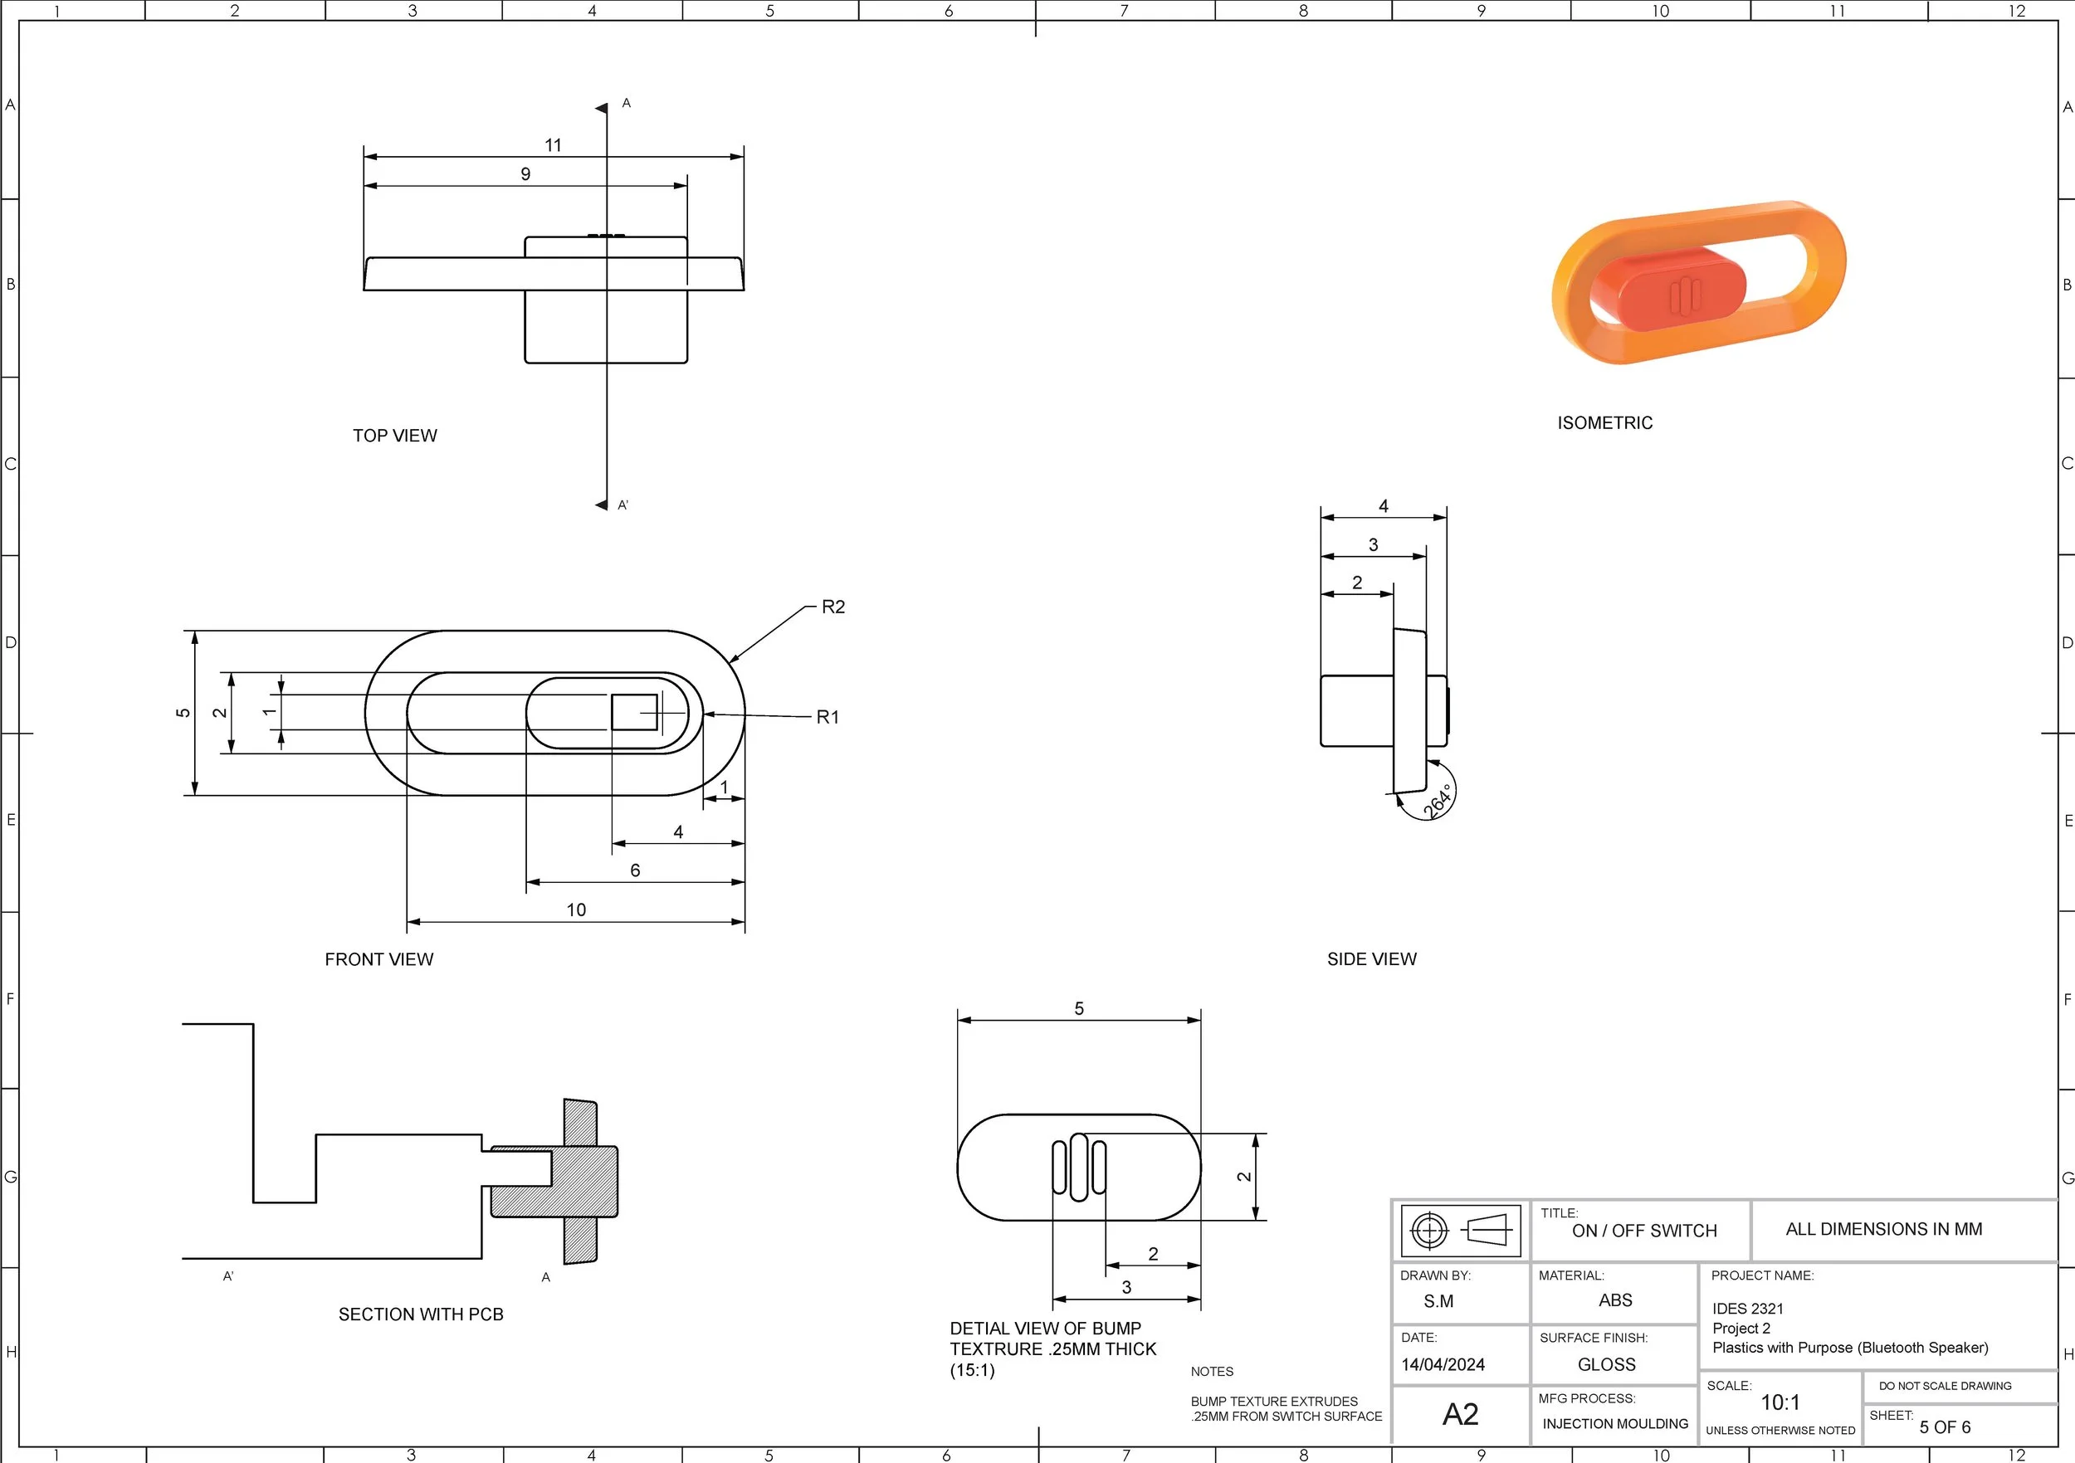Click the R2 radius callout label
point(832,607)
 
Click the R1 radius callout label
point(827,718)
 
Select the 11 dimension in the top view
point(553,145)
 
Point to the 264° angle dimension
point(1437,801)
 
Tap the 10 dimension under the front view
point(576,910)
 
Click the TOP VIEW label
point(394,436)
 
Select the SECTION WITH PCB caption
point(420,1314)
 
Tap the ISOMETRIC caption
point(1604,423)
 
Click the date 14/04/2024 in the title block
point(1443,1364)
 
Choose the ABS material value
point(1615,1300)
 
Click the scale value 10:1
point(1780,1402)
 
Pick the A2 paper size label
point(1459,1414)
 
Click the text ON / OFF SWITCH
point(1644,1231)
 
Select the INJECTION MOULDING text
point(1614,1424)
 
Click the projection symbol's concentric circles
point(1428,1230)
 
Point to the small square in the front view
point(634,712)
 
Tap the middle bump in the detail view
point(1077,1167)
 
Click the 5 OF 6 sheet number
point(1945,1426)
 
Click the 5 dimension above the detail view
point(1078,1008)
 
